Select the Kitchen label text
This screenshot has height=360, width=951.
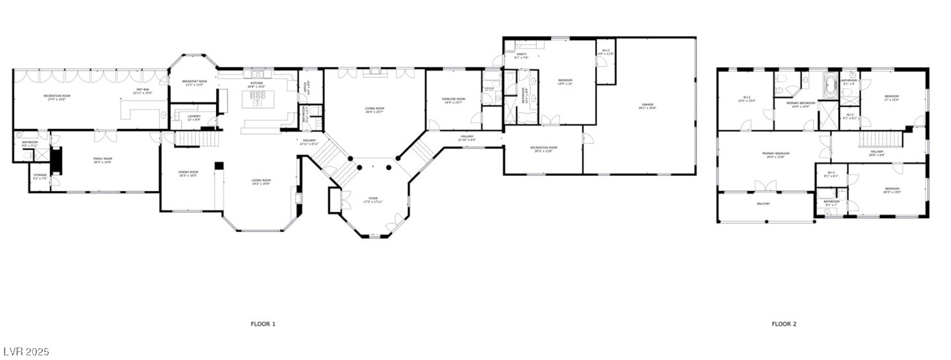pos(256,84)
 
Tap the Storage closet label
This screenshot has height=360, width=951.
pos(40,176)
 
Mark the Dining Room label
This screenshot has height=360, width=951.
pos(188,174)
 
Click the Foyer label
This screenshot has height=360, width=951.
pos(374,199)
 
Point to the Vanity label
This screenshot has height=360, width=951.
pos(521,55)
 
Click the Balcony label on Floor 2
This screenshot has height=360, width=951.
pos(763,203)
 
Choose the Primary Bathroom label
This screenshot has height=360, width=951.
pos(801,104)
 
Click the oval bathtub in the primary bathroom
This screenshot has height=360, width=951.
pos(830,85)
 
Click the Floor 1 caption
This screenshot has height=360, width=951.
pos(263,324)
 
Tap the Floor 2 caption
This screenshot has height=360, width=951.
pos(784,324)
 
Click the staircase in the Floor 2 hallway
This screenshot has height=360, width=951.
pos(880,140)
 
